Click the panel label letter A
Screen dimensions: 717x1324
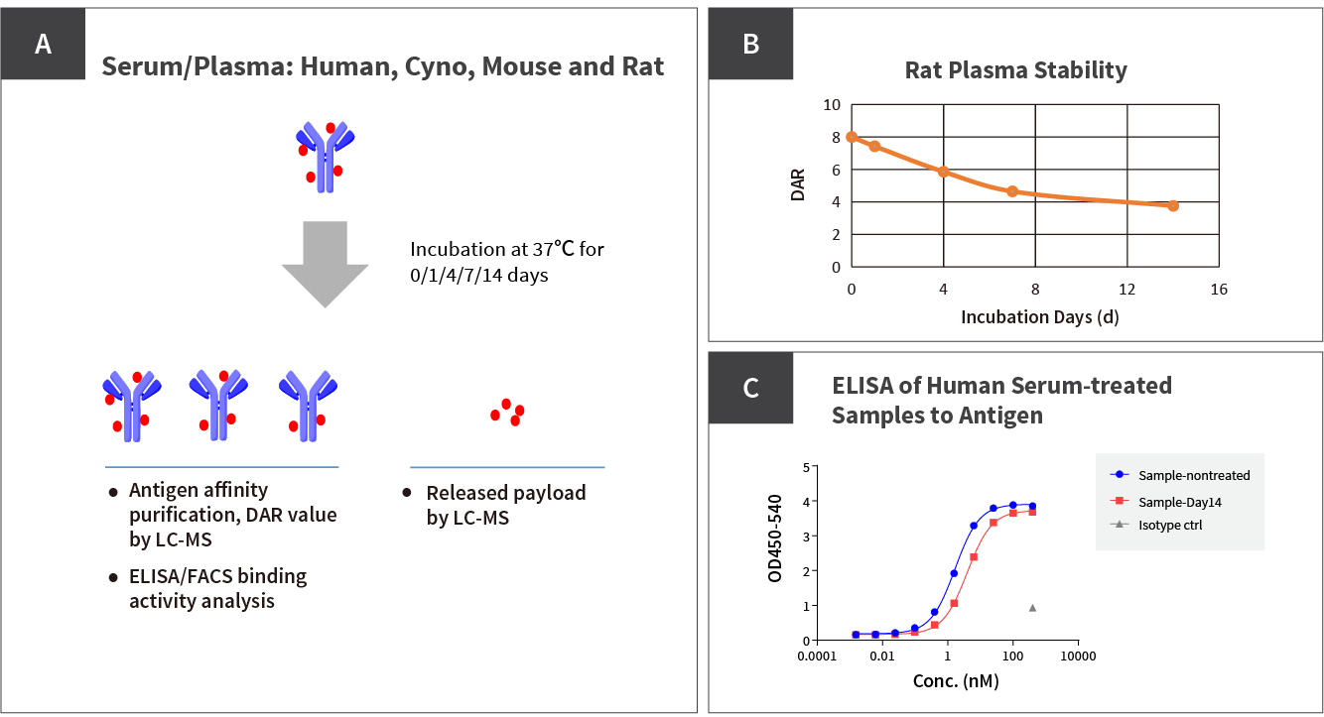pyautogui.click(x=43, y=44)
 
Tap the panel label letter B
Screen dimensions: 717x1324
pyautogui.click(x=750, y=44)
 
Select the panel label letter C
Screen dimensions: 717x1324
pyautogui.click(x=750, y=388)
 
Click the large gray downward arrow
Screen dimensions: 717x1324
pyautogui.click(x=325, y=263)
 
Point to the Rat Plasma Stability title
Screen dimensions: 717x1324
pyautogui.click(x=1015, y=70)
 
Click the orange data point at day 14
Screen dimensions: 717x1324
pyautogui.click(x=1173, y=205)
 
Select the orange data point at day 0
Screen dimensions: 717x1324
pyautogui.click(x=852, y=137)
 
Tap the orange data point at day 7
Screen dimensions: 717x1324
pyautogui.click(x=1012, y=191)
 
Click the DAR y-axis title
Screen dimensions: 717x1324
pyautogui.click(x=798, y=185)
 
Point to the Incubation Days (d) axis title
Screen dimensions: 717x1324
pyautogui.click(x=1033, y=317)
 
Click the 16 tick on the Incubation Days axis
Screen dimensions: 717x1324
pyautogui.click(x=1219, y=289)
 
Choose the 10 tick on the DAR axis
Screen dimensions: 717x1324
pyautogui.click(x=831, y=104)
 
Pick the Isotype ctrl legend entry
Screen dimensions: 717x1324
pyautogui.click(x=1170, y=525)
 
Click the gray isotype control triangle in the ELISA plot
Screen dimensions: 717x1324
pyautogui.click(x=1032, y=608)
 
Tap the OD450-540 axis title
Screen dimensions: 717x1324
pyautogui.click(x=776, y=538)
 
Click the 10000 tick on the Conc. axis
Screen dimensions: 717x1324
pyautogui.click(x=1077, y=657)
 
